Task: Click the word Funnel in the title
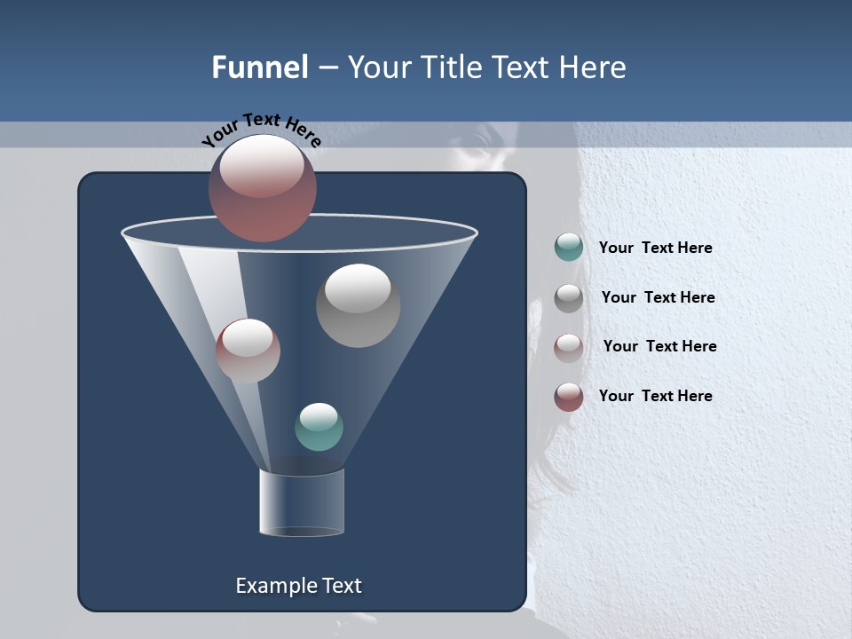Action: pos(259,67)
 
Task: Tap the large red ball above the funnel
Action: pos(262,188)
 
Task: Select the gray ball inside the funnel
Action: pos(358,305)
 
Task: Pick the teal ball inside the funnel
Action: pos(319,427)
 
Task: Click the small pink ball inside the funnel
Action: pos(248,351)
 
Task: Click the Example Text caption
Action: pos(298,586)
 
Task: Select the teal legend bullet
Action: pos(569,248)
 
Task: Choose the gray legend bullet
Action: pos(569,298)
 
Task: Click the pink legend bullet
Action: pos(569,347)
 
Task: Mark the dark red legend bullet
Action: pos(569,397)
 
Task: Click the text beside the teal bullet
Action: pos(655,248)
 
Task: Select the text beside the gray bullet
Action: pos(658,298)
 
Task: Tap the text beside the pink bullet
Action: pos(659,347)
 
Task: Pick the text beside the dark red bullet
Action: pos(655,396)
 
